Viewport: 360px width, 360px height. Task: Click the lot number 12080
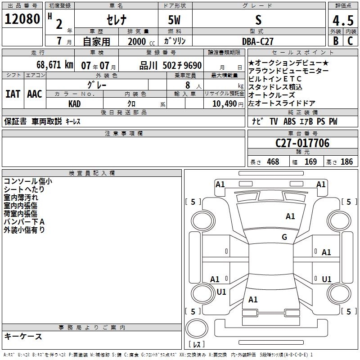(22, 19)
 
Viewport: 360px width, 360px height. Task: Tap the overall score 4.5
(342, 21)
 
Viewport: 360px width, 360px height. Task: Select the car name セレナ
(116, 20)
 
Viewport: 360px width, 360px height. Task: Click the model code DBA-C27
(257, 41)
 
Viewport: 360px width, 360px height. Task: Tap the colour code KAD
(75, 104)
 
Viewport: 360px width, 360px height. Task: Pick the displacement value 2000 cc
(137, 41)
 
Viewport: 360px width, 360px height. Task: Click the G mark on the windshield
(284, 237)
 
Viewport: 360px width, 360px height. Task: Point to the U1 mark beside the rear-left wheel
(221, 292)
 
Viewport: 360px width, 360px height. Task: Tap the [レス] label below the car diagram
(196, 345)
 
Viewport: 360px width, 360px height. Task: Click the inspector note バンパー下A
(24, 222)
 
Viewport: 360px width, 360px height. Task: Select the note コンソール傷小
(27, 181)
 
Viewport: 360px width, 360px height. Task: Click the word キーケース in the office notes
(23, 337)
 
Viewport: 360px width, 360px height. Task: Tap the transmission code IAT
(13, 94)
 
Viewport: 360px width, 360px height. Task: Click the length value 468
(273, 162)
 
